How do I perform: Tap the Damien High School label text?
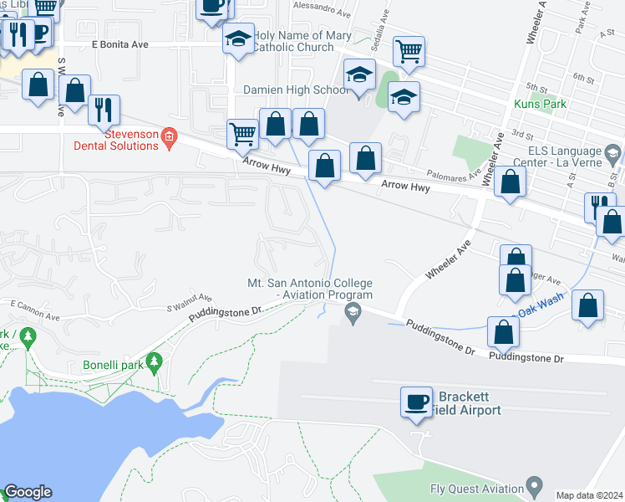(x=296, y=90)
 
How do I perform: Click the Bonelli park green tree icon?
(x=153, y=361)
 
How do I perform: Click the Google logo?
(x=28, y=492)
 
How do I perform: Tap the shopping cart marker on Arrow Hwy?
(x=242, y=134)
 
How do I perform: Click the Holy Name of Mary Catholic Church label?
(x=302, y=41)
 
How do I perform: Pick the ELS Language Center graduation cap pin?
(x=614, y=154)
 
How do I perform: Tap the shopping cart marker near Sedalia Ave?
(x=409, y=53)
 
